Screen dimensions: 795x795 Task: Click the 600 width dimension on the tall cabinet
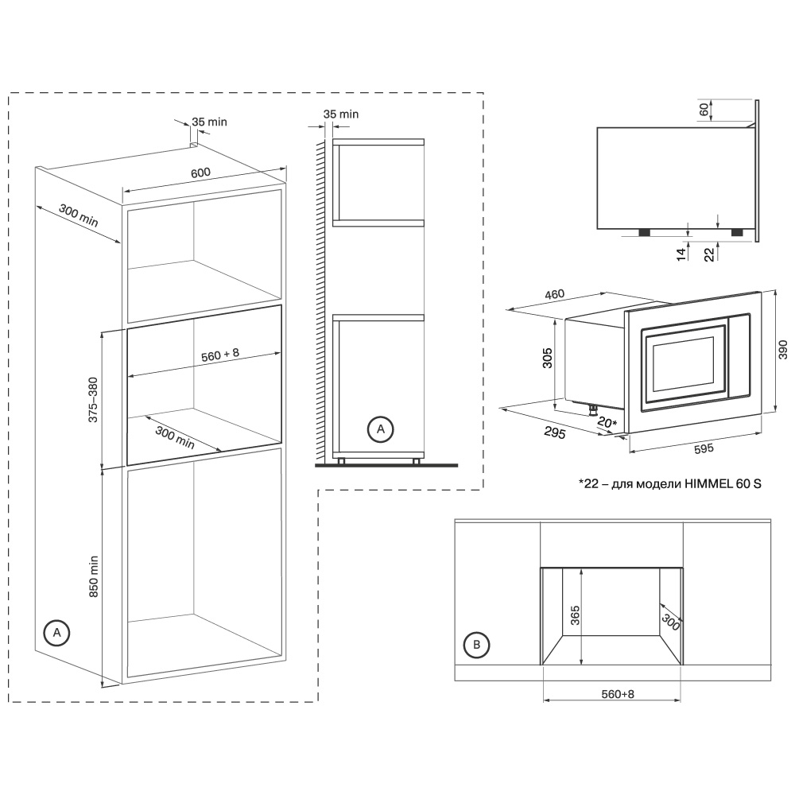(200, 173)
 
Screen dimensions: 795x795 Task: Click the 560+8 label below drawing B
(617, 694)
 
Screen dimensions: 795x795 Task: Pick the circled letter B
(476, 645)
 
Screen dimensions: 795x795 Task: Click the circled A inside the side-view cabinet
(380, 429)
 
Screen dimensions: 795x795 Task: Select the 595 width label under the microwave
(704, 449)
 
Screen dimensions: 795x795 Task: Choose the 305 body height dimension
(547, 361)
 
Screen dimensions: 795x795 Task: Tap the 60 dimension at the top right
(704, 110)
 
